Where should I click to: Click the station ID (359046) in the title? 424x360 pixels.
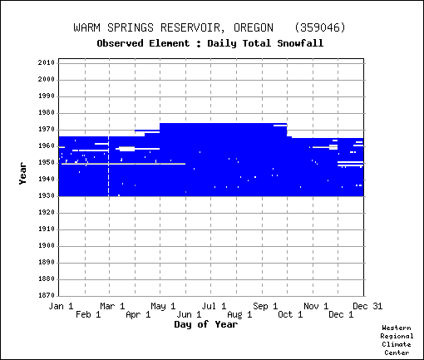320,27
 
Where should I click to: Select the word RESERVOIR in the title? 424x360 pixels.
190,27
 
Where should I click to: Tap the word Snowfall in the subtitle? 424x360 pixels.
300,43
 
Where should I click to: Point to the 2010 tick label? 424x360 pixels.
47,62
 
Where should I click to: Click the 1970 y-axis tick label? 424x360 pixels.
47,130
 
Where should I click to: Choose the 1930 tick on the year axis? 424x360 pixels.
47,195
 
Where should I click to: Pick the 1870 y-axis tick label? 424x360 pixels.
47,295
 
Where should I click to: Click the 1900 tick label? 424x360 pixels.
47,245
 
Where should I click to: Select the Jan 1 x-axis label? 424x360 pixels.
61,306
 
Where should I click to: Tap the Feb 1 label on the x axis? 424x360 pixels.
88,314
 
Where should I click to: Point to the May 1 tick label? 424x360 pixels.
163,306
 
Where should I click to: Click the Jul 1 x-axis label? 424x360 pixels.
214,306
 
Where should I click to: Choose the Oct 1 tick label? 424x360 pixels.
290,314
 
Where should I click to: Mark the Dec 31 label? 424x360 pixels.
367,306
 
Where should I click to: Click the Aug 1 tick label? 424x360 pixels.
239,314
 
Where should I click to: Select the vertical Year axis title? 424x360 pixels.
22,174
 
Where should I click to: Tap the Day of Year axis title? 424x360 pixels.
206,324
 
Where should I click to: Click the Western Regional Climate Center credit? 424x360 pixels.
397,340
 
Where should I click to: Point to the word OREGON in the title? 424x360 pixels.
254,27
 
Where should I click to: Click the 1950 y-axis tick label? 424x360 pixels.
47,162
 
